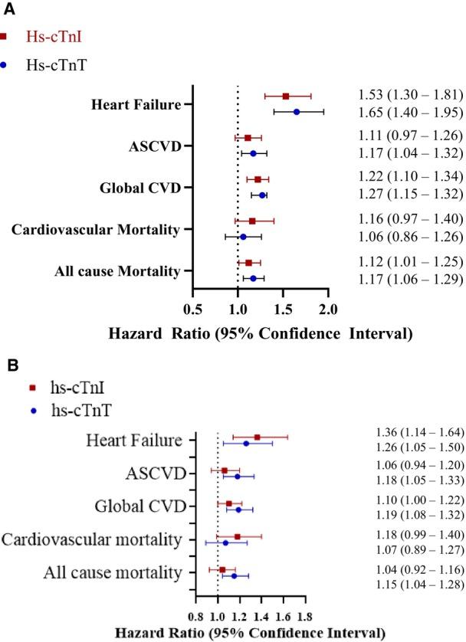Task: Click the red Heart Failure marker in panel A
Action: click(286, 96)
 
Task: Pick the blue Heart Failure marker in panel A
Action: click(297, 112)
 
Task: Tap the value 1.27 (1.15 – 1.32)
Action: click(410, 193)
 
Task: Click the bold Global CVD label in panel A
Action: click(146, 187)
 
